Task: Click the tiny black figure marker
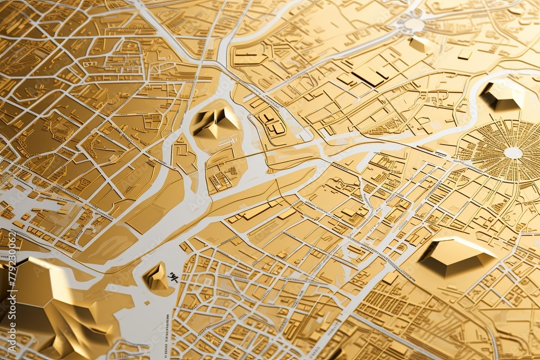[173, 278]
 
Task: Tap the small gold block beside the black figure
[156, 277]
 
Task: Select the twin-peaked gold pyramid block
[216, 122]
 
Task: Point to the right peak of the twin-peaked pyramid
[227, 116]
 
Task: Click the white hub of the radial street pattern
[513, 153]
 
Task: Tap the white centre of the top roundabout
[414, 25]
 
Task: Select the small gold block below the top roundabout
[420, 44]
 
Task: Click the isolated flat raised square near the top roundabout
[464, 55]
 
